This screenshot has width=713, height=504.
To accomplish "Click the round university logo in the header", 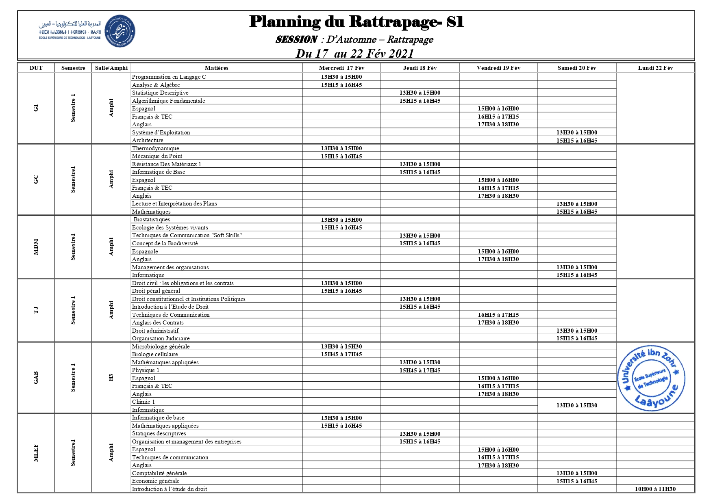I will pos(120,31).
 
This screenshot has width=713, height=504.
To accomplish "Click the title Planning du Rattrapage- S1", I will pos(356,22).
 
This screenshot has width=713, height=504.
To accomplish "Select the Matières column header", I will pos(216,68).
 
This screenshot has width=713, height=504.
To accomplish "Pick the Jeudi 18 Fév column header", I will pos(420,68).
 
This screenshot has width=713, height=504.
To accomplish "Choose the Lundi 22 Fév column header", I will pos(655,68).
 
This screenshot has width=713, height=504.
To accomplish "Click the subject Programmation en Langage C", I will pos(169,77).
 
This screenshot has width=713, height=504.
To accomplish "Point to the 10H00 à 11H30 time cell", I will pos(655,489).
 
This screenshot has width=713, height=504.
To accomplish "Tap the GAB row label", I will pos(36,378).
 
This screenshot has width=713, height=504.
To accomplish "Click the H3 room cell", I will pos(111,378).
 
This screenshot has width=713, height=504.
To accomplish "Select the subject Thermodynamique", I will pos(156,148).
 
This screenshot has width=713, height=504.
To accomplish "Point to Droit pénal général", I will pos(156,291).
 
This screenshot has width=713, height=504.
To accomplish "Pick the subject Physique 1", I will pos(146,370).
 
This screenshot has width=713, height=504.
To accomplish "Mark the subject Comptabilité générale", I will pos(159,473).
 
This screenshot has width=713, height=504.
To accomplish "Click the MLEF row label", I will pos(36,453).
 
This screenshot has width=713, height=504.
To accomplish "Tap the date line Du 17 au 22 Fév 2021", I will pos(354,54).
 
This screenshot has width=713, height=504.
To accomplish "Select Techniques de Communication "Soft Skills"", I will pos(187,236).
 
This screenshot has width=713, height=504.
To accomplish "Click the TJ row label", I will pos(36,310).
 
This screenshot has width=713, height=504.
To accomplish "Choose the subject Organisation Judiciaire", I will pos(161,338).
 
